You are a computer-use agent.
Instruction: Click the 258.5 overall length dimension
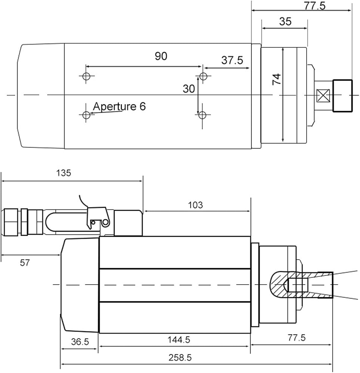coord(180,358)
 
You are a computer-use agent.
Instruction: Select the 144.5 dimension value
coord(179,340)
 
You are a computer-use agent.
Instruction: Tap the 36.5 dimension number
coord(80,342)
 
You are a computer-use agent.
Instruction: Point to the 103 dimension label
coord(195,205)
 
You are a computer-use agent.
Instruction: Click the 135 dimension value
coord(63,173)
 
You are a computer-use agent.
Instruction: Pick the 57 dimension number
coord(25,263)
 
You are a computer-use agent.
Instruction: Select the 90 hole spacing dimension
coord(161,56)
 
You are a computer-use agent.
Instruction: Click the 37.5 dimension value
coord(232,60)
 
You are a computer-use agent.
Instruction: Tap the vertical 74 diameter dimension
coord(277,79)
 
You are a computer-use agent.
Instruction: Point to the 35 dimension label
coord(285,21)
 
